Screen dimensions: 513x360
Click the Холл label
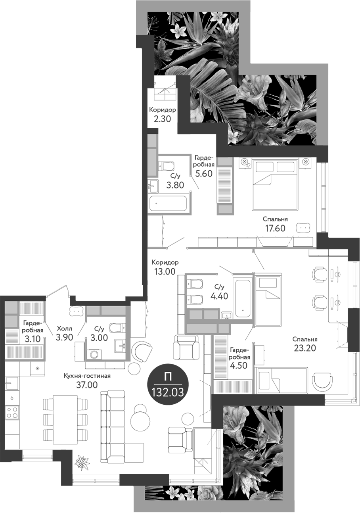point(64,329)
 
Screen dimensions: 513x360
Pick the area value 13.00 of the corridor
point(165,271)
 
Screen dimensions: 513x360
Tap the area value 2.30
point(163,119)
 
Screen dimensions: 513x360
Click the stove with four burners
point(12,412)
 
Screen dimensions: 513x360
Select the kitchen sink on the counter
point(12,384)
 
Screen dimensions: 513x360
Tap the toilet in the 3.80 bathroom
point(167,166)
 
